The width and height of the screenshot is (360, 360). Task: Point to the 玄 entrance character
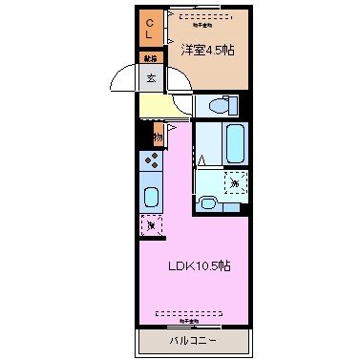pos(151,78)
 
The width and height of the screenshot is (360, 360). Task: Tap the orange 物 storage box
pos(156,138)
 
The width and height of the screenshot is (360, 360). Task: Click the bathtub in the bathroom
pos(235,143)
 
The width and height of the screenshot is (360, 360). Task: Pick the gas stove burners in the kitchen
pos(152,162)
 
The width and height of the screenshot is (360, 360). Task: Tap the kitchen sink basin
pos(152,198)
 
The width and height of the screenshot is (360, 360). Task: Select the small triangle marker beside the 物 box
pos(172,126)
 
